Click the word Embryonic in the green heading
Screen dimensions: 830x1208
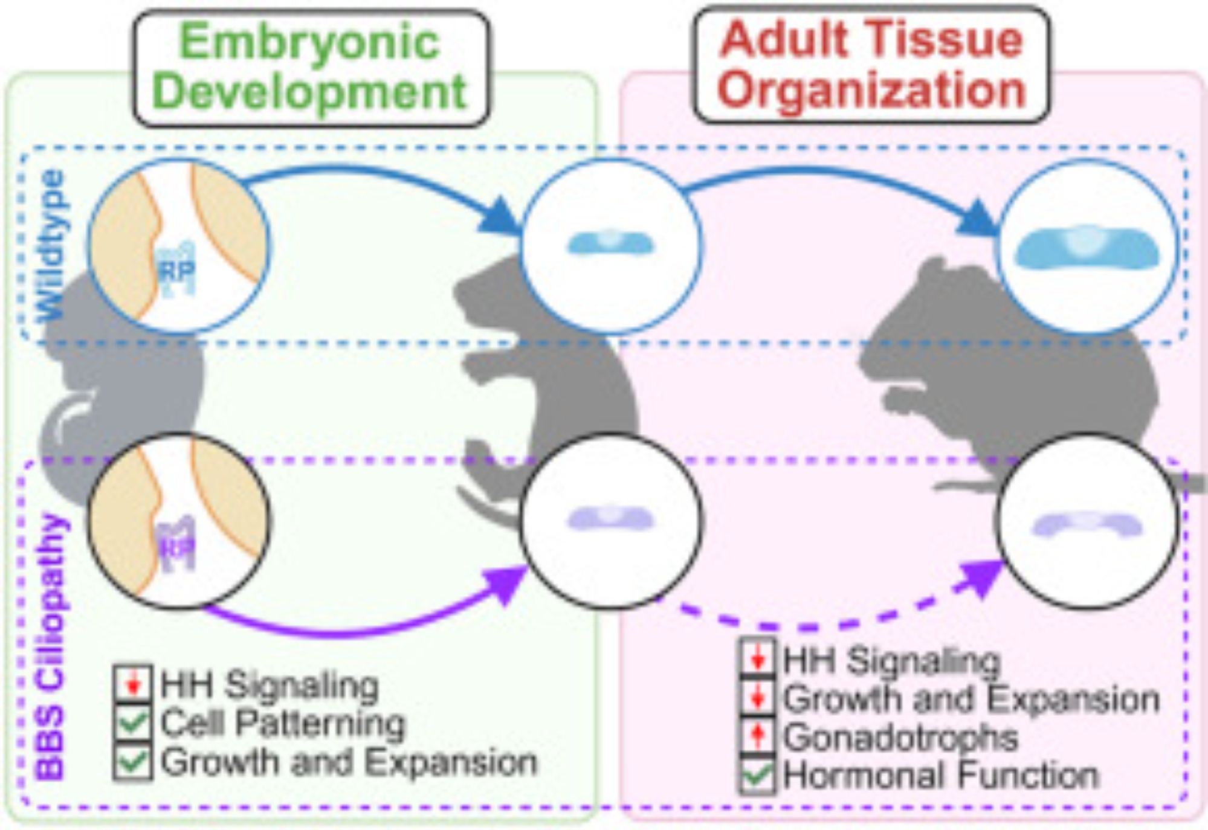tap(310, 42)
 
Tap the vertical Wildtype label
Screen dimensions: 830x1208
tap(51, 245)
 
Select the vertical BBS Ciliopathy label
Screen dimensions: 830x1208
tap(51, 646)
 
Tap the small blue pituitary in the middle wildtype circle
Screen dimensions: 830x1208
tap(610, 243)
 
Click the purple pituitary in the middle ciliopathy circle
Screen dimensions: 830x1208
tap(610, 518)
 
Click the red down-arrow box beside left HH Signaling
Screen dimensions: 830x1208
tap(133, 684)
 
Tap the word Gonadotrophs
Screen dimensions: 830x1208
tap(900, 737)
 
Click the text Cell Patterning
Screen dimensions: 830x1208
tap(283, 723)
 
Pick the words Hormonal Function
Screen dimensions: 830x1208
tap(940, 775)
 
